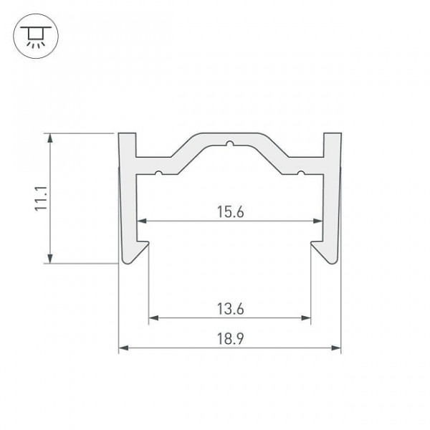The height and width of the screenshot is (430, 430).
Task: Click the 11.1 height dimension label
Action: [x=41, y=199]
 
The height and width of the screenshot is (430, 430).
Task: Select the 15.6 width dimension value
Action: [x=230, y=211]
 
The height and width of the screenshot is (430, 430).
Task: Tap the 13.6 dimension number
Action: [x=230, y=308]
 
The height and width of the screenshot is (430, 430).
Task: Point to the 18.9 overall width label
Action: [x=230, y=338]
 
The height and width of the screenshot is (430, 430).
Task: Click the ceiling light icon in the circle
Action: [x=36, y=37]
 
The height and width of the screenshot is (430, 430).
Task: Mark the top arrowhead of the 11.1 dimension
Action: [x=50, y=138]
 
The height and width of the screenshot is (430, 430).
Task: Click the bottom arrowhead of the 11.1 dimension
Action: [x=50, y=259]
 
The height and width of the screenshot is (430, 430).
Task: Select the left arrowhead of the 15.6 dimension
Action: [x=142, y=221]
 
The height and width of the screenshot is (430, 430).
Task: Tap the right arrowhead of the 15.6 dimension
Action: [x=318, y=221]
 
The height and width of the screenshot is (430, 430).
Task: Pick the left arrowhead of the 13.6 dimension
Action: [x=153, y=317]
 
